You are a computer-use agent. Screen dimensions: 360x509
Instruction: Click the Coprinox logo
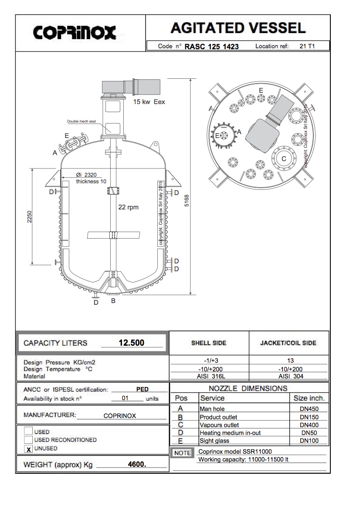(x=75, y=33)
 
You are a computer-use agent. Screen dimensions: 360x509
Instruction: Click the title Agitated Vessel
(x=238, y=28)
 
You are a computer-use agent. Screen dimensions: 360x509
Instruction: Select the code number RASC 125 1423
(x=211, y=47)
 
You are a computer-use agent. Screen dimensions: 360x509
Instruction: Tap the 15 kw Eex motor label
(x=149, y=101)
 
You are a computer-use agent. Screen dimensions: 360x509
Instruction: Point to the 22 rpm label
(x=128, y=207)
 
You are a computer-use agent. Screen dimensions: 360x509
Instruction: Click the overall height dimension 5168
(x=187, y=201)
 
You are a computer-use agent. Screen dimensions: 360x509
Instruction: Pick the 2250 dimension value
(x=30, y=217)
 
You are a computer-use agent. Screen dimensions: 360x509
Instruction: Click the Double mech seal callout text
(x=82, y=121)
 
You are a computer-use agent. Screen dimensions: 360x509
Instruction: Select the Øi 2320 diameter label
(x=86, y=175)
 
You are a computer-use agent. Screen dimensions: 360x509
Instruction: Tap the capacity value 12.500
(x=132, y=343)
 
